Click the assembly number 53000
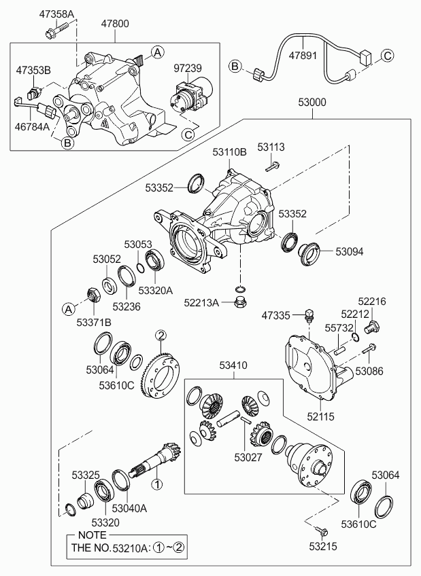point(312,103)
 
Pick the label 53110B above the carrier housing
point(230,154)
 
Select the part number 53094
point(350,251)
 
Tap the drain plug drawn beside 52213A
point(240,302)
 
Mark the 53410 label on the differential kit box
point(234,366)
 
